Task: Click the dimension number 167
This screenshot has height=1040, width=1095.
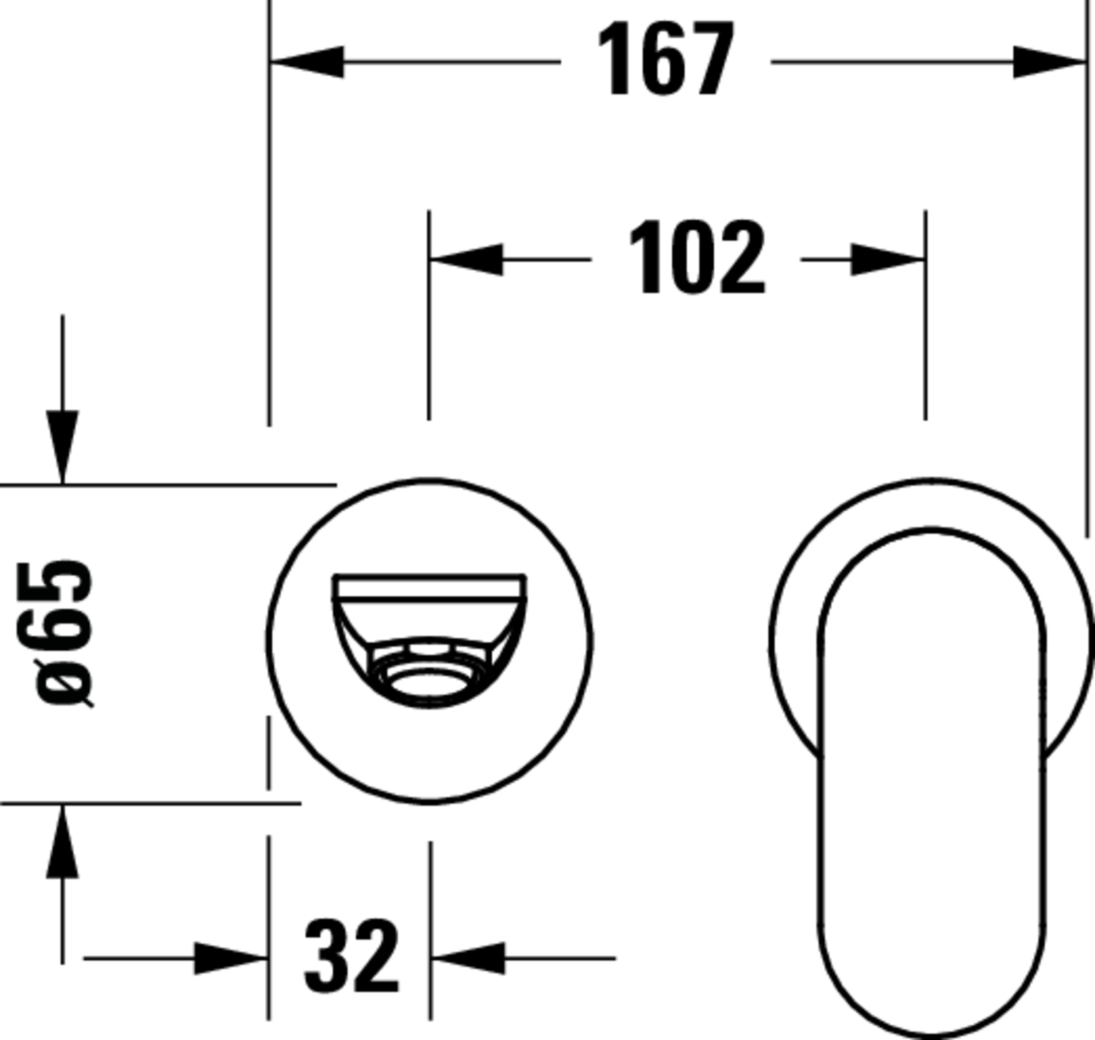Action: click(666, 58)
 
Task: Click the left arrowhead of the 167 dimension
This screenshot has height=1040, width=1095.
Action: click(307, 62)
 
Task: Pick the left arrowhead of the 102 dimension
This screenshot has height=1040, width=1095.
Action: click(466, 259)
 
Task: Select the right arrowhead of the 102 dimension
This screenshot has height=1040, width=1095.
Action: click(888, 259)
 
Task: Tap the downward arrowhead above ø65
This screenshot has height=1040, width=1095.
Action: click(62, 447)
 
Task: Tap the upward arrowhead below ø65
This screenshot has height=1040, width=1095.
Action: click(62, 841)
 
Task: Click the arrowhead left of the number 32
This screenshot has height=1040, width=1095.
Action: click(231, 958)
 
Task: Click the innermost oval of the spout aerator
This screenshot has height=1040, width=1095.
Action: click(429, 683)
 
